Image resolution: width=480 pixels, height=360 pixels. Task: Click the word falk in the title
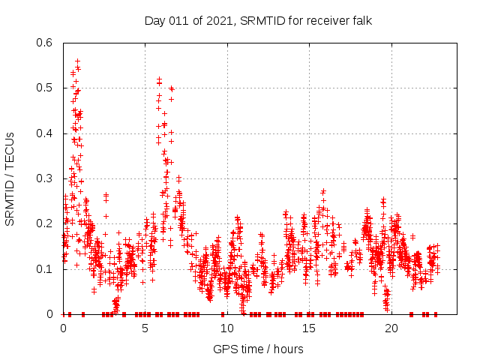tap(360, 20)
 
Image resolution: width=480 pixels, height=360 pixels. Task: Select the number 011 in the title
tap(179, 20)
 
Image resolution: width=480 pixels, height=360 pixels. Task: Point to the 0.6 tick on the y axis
tap(44, 43)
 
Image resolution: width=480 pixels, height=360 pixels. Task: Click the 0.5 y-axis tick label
tap(44, 88)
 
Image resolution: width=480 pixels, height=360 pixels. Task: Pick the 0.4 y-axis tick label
tap(44, 133)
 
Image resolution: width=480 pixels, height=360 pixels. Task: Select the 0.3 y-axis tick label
tap(44, 178)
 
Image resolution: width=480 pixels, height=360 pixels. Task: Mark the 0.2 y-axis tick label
tap(44, 223)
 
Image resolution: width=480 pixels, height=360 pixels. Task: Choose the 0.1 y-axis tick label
tap(44, 268)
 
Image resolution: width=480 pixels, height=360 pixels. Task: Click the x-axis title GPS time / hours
tap(258, 349)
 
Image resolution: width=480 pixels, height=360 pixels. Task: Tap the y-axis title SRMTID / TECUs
tap(10, 178)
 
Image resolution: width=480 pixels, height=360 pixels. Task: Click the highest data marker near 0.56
tap(77, 61)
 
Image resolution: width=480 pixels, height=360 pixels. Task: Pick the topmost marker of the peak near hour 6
tap(159, 78)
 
